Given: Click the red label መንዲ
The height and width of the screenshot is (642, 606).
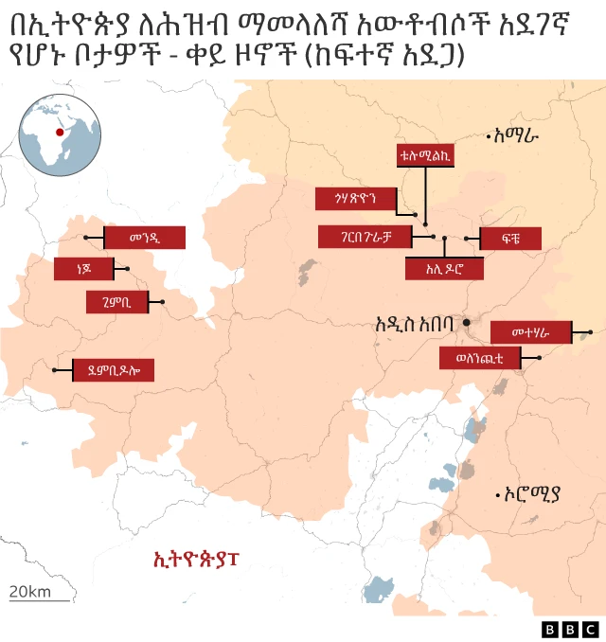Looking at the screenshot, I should coord(143,237).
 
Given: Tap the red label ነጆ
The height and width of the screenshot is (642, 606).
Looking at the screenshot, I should coord(84,270).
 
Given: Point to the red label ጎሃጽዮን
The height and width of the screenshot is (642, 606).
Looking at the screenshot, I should coord(355,198).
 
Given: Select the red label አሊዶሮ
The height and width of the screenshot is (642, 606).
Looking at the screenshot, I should coord(443,269).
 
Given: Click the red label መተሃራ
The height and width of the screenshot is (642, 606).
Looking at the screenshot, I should coord(531,332).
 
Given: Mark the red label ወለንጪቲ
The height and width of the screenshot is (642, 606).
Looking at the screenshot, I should coord(478,358).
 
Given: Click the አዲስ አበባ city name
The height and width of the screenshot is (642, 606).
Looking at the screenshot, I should coord(416,323).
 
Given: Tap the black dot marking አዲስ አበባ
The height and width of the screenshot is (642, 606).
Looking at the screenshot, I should coord(467,323).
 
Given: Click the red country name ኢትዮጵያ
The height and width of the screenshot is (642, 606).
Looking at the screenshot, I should coord(197,560).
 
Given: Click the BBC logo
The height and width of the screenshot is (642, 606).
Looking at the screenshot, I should coord(570,629).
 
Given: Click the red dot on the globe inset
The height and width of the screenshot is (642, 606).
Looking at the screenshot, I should coord(60,133).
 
